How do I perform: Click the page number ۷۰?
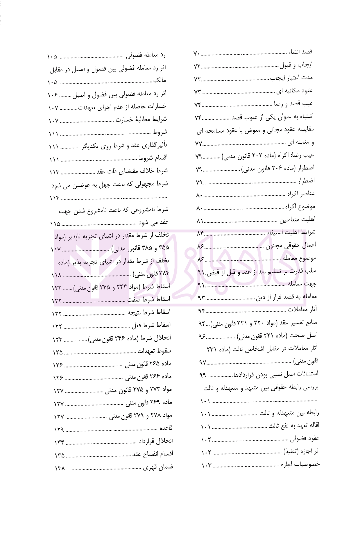(197, 54)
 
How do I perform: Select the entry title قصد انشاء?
(300, 52)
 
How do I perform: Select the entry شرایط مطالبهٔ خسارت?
(141, 119)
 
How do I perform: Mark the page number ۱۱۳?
(55, 172)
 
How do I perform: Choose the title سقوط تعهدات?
(154, 351)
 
